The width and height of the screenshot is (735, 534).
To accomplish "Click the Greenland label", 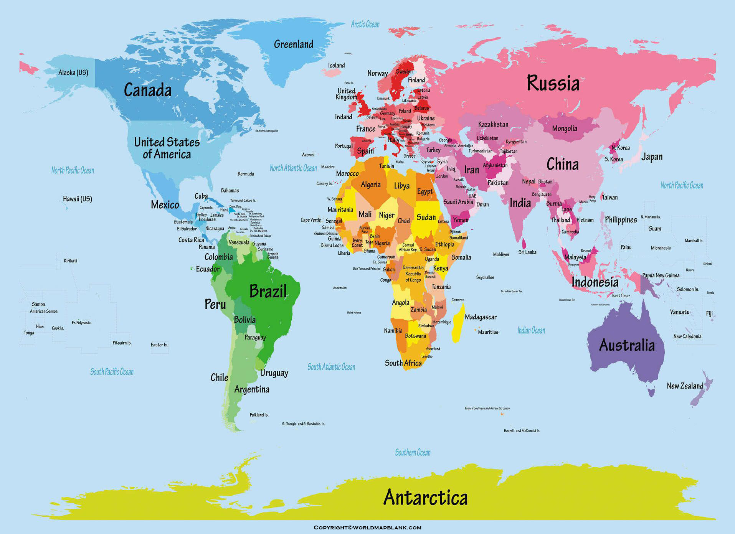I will click(294, 44).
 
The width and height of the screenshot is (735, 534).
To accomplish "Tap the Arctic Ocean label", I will click(365, 25).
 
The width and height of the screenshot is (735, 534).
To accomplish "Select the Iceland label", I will click(336, 66).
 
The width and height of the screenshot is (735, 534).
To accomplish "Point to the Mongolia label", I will click(564, 129).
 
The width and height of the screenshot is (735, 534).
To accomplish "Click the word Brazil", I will click(268, 291).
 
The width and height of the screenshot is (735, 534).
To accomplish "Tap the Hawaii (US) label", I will click(78, 199).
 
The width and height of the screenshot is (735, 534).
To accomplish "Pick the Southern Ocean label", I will click(413, 453).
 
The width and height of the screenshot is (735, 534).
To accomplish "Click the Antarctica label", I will click(425, 498).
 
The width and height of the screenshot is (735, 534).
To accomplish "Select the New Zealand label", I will click(685, 386).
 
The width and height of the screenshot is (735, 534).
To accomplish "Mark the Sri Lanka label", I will click(527, 252).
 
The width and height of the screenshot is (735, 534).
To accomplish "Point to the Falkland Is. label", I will click(259, 415).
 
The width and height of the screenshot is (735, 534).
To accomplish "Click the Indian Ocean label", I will click(531, 330).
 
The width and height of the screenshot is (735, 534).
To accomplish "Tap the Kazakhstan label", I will click(493, 124).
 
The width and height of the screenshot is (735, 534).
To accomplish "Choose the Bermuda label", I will click(246, 174).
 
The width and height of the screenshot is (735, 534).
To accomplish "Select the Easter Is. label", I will click(159, 344).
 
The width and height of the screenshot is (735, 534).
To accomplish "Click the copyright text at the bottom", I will click(367, 527).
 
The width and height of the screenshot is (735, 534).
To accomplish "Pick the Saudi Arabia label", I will click(458, 202).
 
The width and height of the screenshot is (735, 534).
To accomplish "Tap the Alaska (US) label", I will click(73, 73).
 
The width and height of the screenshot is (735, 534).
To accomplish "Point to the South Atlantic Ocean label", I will click(331, 367).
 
